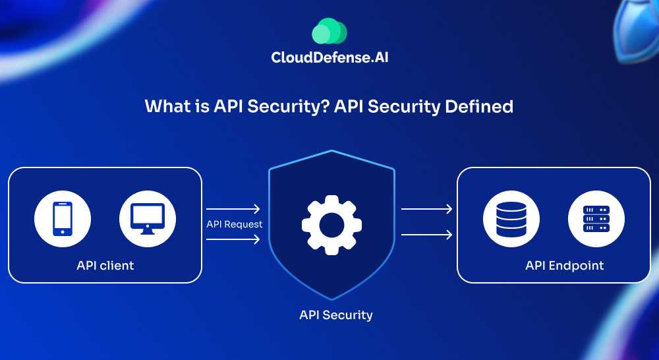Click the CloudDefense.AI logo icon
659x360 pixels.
329,31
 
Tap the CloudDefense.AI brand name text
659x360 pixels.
329,57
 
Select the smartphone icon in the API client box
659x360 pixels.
63,218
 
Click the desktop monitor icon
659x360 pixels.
147,218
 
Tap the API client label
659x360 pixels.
105,266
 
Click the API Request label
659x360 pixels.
234,224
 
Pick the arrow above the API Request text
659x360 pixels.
233,209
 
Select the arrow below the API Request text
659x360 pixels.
233,239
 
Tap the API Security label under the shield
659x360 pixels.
335,315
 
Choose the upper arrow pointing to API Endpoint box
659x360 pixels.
426,210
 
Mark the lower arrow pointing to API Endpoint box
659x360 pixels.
426,234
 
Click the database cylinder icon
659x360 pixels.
511,218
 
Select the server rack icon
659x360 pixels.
596,218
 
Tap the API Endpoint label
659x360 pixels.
564,266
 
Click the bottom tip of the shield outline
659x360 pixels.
331,299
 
